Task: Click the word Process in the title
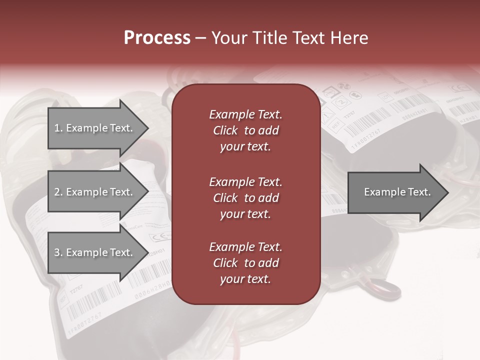tap(157, 38)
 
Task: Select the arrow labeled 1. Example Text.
tap(95, 128)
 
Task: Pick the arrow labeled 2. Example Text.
tap(95, 192)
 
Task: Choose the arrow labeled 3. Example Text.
tap(95, 252)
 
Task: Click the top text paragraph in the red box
tap(245, 130)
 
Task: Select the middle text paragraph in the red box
tap(245, 198)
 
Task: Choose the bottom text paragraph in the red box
tap(245, 263)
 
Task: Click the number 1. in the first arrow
tap(58, 128)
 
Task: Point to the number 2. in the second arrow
tap(58, 192)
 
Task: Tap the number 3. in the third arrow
tap(58, 252)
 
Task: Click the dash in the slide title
tap(201, 38)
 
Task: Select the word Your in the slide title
tap(229, 38)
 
